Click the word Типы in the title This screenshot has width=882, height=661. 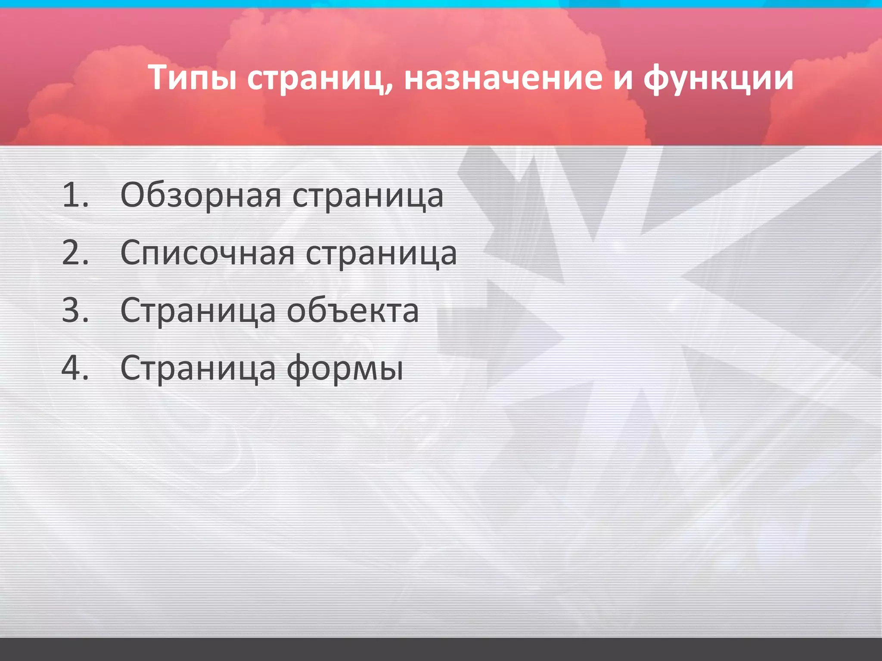(x=193, y=77)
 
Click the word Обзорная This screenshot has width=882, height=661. (x=201, y=195)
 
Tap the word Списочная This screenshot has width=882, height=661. (x=207, y=253)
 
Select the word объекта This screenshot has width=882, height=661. (x=353, y=310)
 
